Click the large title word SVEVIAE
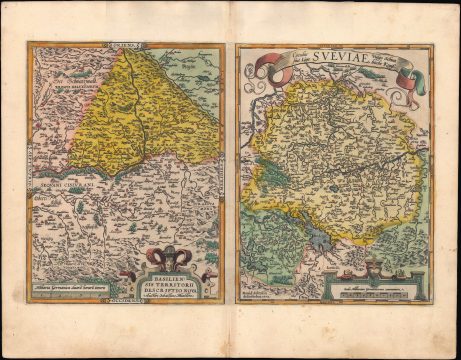(x=336, y=58)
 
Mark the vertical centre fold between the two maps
(x=231, y=180)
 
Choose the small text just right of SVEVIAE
(x=389, y=61)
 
